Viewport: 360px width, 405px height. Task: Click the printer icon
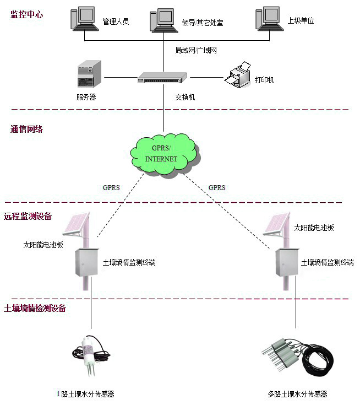237,75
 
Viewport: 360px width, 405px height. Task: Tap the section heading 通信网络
26,129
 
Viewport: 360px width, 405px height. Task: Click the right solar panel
276,224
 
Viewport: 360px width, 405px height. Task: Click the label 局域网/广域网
197,50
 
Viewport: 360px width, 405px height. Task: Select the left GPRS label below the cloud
111,188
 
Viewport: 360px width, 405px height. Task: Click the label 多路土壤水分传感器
297,394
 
